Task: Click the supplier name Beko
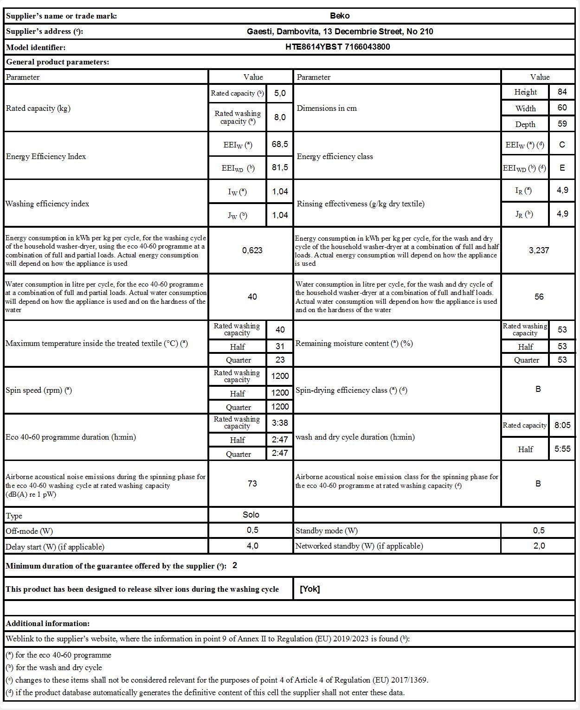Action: point(340,16)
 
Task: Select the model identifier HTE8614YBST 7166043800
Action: point(337,47)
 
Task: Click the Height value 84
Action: point(562,92)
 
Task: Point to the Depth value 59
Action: point(562,124)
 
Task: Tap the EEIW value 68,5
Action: point(280,144)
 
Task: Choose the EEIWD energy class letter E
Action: point(562,168)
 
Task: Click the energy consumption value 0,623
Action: point(252,250)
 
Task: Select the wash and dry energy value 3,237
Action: point(539,250)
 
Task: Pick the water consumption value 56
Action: point(539,297)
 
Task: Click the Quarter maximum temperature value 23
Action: point(280,359)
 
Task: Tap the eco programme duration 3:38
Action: point(280,422)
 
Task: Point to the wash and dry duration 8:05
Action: point(562,425)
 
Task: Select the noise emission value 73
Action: point(252,484)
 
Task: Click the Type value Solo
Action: point(251,515)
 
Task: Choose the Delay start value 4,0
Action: point(252,546)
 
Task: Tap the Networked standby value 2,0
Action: point(539,546)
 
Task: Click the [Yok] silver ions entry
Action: point(310,589)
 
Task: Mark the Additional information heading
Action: point(48,623)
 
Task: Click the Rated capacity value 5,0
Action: point(280,93)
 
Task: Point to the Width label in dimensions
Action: point(525,109)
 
